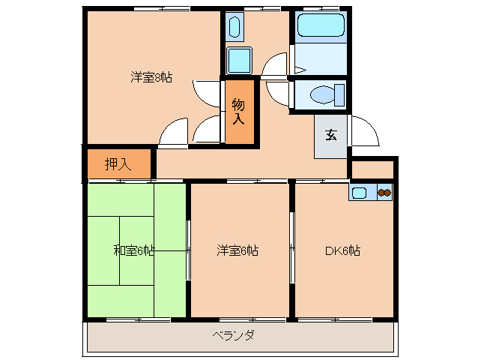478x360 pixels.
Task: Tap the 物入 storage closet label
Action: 238,111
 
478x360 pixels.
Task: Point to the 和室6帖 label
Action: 133,250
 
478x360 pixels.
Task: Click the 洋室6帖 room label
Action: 238,250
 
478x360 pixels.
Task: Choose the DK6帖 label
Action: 342,250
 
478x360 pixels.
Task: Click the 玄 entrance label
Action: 330,136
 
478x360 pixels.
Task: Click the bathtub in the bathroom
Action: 321,25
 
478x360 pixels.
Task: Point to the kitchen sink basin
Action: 360,193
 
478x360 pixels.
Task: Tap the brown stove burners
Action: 384,193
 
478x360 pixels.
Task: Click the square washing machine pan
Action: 240,58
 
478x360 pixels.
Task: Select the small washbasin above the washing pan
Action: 233,28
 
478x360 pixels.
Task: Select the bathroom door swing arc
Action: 275,64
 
